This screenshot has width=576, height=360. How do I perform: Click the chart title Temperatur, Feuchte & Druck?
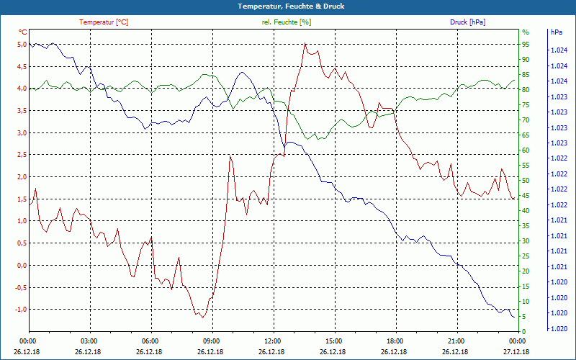(287, 6)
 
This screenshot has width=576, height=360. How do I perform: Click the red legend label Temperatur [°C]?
(104, 22)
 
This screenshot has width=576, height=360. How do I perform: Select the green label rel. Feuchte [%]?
(287, 22)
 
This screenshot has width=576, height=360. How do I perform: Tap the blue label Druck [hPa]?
(467, 22)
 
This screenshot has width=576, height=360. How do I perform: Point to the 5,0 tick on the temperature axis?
(22, 45)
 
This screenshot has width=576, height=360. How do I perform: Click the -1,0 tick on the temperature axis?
(20, 310)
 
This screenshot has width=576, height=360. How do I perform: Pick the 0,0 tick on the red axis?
(22, 266)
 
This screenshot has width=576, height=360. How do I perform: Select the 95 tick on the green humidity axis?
(526, 45)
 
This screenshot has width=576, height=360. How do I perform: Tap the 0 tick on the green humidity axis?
(523, 332)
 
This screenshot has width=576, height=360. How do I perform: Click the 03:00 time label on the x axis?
(89, 341)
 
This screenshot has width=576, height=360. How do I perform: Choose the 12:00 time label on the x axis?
(273, 341)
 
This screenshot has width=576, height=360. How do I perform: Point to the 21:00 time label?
(456, 341)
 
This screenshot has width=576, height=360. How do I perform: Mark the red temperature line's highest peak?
(305, 44)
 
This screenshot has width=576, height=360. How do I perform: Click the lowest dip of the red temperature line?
(203, 318)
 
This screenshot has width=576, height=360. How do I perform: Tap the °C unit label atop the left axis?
(23, 32)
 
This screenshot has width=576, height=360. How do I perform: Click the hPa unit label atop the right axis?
(556, 32)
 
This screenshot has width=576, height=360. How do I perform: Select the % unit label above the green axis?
(526, 32)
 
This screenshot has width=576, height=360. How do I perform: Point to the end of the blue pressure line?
(514, 317)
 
